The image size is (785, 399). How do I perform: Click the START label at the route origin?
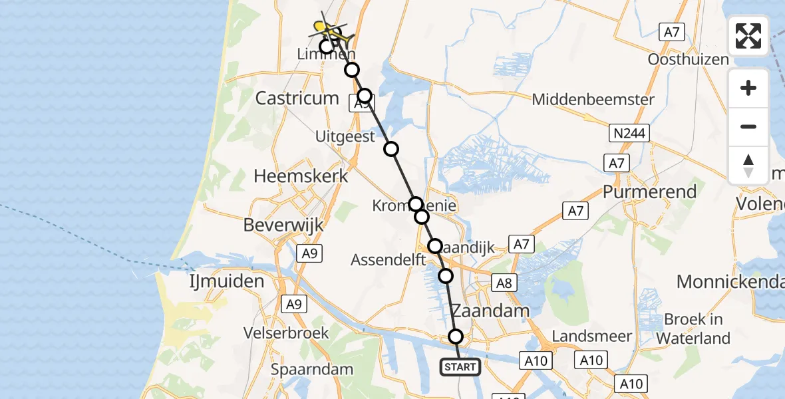pyautogui.click(x=460, y=366)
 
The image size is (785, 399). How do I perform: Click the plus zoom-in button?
pyautogui.click(x=748, y=88)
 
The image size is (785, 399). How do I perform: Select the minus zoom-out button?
pyautogui.click(x=748, y=126)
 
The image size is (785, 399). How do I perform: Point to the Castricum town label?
pyautogui.click(x=297, y=98)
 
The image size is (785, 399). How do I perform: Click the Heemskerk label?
pyautogui.click(x=301, y=176)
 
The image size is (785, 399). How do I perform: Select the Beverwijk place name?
pyautogui.click(x=283, y=225)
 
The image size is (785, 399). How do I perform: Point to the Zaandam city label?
pyautogui.click(x=490, y=311)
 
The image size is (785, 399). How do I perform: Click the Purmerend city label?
pyautogui.click(x=650, y=192)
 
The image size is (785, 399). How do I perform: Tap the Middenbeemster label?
pyautogui.click(x=593, y=100)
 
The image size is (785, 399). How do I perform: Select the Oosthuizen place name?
pyautogui.click(x=689, y=59)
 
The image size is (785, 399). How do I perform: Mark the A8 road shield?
pyautogui.click(x=504, y=284)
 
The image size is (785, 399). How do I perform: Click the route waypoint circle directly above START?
pyautogui.click(x=456, y=336)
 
